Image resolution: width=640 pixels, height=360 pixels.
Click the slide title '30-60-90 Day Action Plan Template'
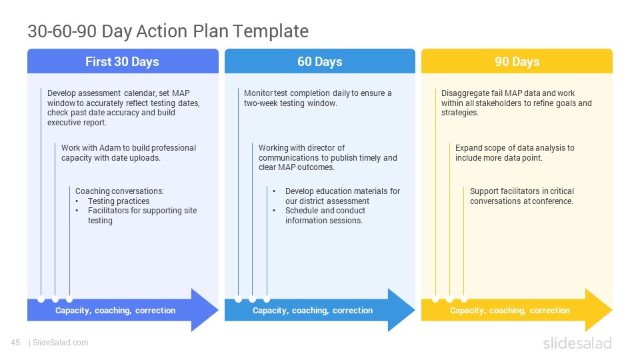[x=168, y=31]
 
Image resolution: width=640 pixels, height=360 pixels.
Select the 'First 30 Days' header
[x=123, y=61]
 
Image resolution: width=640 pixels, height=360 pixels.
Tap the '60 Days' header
[x=319, y=61]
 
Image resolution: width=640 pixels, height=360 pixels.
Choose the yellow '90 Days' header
[x=517, y=61]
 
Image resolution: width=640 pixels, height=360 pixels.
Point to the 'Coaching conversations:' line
[x=119, y=191]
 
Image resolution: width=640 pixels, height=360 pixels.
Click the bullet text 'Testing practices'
[x=119, y=201]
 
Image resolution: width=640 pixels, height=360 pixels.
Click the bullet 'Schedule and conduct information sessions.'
[x=325, y=215]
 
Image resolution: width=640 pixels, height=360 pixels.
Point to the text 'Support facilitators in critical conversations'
[x=521, y=196]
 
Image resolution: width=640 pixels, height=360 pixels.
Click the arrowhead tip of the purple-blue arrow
[x=218, y=310]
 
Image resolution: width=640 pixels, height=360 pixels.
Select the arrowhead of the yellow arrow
[x=599, y=310]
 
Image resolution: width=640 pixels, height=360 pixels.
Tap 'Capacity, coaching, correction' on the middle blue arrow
[x=313, y=311]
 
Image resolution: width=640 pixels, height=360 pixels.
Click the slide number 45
[x=15, y=343]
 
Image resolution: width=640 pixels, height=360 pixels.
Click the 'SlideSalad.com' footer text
[x=61, y=343]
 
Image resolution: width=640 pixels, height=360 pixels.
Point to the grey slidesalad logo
[x=577, y=343]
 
